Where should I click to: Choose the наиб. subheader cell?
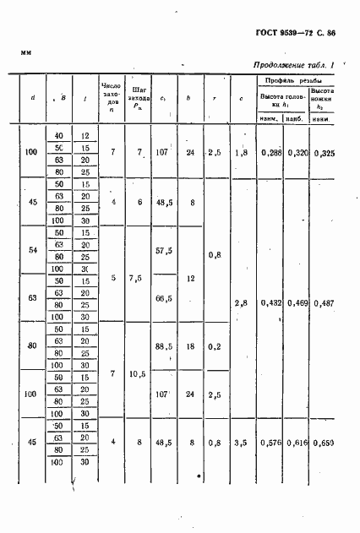(x=296, y=118)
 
